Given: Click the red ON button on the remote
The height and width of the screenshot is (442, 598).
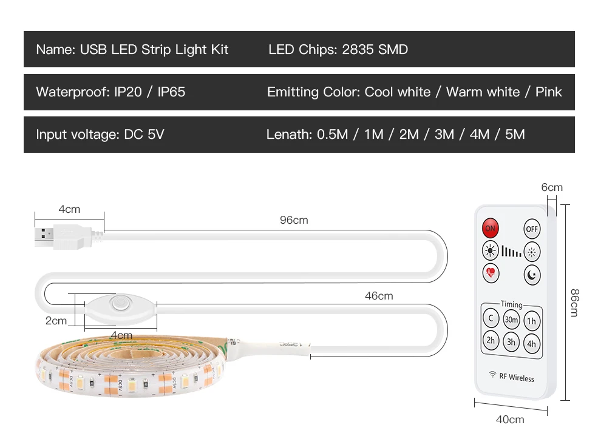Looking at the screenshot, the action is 490,229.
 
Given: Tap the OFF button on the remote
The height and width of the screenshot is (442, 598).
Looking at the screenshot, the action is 532,229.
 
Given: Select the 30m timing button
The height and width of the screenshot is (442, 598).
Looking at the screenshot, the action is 511,320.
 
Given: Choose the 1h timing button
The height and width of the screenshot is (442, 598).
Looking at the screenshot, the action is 531,321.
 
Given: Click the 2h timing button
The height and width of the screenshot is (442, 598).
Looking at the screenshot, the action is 491,341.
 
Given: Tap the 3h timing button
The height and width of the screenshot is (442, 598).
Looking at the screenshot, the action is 511,342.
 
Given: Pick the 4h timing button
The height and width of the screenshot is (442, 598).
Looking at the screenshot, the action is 531,344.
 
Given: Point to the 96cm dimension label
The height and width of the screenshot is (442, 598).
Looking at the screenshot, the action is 294,220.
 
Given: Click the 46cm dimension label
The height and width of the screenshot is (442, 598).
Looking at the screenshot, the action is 378,296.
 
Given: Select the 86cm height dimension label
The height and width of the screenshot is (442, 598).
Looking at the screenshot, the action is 574,302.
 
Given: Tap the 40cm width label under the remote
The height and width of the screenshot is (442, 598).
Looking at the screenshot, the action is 510,419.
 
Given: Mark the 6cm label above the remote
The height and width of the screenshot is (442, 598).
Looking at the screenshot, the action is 552,187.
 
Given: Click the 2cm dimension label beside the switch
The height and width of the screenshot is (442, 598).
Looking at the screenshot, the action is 56,320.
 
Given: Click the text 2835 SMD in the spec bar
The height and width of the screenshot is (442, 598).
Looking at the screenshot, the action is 375,50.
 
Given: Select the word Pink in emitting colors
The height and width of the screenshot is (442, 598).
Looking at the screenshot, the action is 548,92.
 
